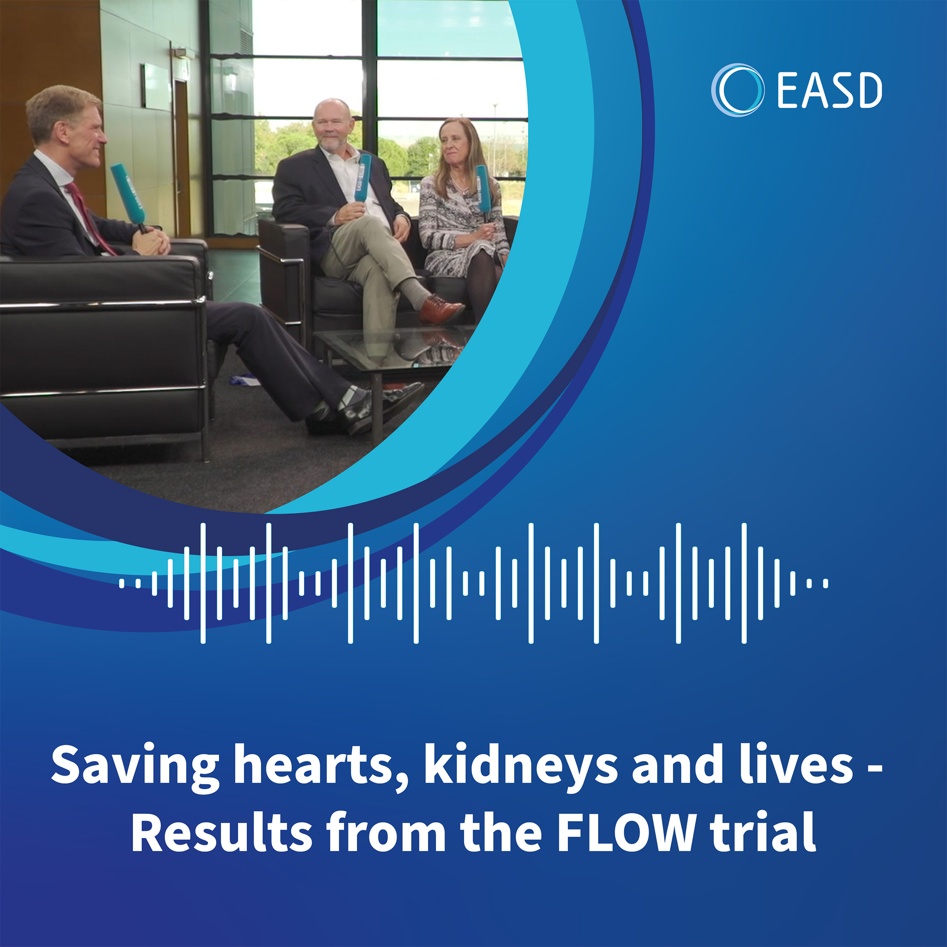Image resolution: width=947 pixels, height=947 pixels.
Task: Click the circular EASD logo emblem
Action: (737, 90)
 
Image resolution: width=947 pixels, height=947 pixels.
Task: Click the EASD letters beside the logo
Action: (829, 90)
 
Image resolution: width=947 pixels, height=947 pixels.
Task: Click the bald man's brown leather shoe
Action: (441, 309)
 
